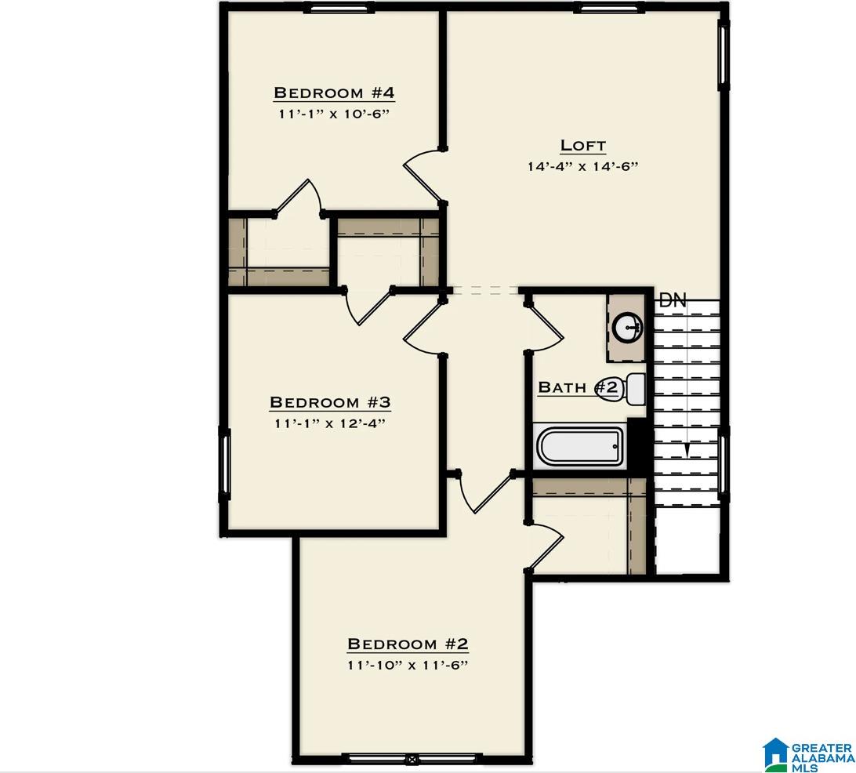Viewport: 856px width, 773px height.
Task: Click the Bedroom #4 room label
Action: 334,93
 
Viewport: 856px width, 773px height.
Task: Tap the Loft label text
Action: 582,146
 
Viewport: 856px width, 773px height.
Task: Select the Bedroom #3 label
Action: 330,402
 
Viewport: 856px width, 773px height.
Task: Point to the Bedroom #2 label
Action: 408,644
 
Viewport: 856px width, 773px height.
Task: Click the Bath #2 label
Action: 579,387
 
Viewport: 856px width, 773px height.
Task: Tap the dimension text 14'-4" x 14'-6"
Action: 582,166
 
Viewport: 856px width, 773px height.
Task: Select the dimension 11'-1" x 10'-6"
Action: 334,114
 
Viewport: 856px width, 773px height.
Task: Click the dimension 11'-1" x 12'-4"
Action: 330,423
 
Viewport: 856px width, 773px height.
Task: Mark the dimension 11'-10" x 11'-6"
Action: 408,666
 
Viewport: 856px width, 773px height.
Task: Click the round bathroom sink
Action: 628,328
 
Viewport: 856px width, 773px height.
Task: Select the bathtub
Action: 579,446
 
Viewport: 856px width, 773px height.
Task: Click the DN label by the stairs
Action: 672,300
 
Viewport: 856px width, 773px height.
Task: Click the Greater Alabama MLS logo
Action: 808,754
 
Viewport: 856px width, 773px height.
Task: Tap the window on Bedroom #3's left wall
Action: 224,463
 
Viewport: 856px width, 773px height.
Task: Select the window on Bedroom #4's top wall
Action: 339,9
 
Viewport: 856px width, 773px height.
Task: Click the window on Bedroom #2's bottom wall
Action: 409,758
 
